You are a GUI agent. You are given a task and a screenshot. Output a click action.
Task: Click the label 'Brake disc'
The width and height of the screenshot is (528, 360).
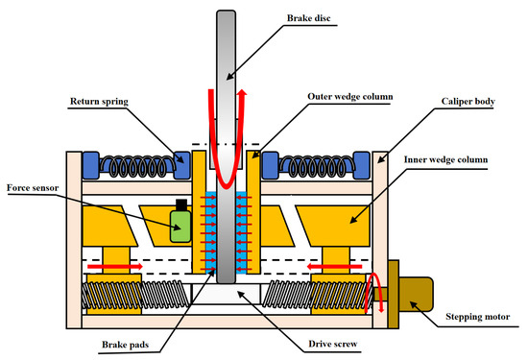pyautogui.click(x=308, y=18)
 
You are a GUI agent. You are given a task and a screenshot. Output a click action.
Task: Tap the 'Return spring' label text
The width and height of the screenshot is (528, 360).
pyautogui.click(x=99, y=102)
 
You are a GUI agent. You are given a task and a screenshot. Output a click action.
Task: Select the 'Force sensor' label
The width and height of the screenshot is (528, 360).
pyautogui.click(x=33, y=188)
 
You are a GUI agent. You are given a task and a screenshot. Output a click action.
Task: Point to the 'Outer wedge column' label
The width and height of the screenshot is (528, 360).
pyautogui.click(x=350, y=97)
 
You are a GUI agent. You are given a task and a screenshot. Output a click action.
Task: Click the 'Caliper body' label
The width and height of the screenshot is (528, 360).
pyautogui.click(x=468, y=102)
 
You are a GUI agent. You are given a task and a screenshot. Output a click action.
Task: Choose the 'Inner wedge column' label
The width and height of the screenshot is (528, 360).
pyautogui.click(x=445, y=159)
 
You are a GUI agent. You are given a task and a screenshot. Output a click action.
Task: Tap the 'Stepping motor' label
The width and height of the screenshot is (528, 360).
pyautogui.click(x=478, y=317)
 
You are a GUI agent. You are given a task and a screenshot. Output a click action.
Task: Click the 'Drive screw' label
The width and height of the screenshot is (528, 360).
pyautogui.click(x=333, y=344)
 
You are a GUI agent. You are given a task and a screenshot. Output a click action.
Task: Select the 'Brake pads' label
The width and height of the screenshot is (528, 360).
pyautogui.click(x=125, y=345)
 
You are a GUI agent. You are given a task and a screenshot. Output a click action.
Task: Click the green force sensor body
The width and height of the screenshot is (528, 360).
pyautogui.click(x=180, y=226)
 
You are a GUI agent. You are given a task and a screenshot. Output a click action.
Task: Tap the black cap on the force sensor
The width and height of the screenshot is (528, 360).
pyautogui.click(x=181, y=204)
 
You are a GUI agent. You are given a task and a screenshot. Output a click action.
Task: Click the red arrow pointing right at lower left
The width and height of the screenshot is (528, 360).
pyautogui.click(x=115, y=266)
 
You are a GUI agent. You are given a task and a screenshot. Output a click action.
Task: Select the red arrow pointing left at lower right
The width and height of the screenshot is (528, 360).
pyautogui.click(x=334, y=267)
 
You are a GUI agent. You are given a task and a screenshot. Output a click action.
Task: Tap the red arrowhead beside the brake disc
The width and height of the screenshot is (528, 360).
pyautogui.click(x=242, y=92)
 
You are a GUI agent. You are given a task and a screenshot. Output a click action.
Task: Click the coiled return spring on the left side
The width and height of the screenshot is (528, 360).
pyautogui.click(x=137, y=166)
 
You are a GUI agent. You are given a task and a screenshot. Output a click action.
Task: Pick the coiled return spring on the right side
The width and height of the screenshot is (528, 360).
pyautogui.click(x=316, y=166)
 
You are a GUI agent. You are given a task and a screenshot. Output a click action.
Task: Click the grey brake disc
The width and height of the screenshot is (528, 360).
pyautogui.click(x=226, y=147)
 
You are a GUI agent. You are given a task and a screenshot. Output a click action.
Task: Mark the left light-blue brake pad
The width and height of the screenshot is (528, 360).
pyautogui.click(x=211, y=232)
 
